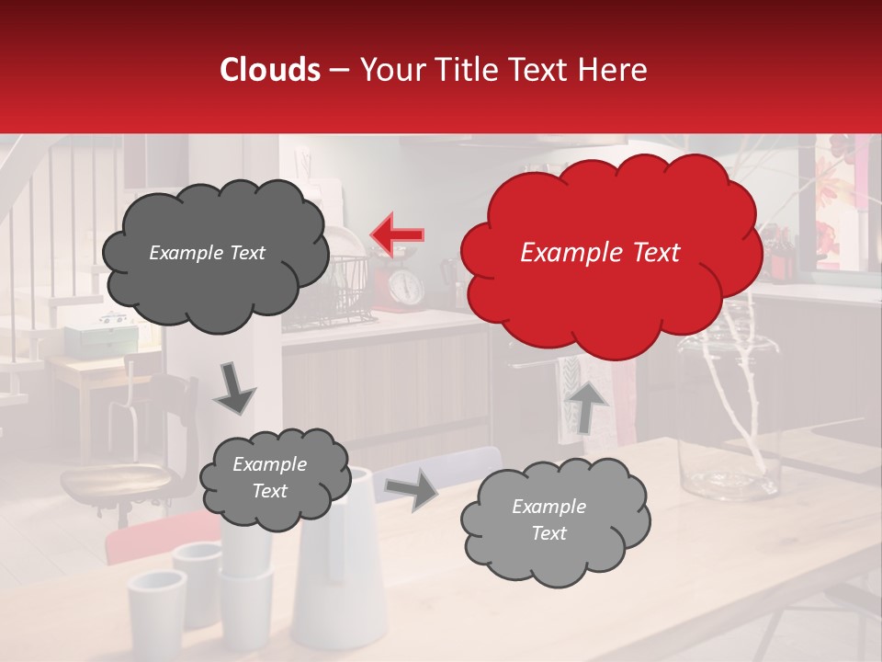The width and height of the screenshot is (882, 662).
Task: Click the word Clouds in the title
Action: click(x=270, y=70)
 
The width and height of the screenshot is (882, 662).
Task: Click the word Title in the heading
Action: click(x=469, y=70)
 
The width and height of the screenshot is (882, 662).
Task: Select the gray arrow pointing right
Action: click(x=413, y=490)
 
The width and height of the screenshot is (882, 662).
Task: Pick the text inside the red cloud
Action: click(x=600, y=253)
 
